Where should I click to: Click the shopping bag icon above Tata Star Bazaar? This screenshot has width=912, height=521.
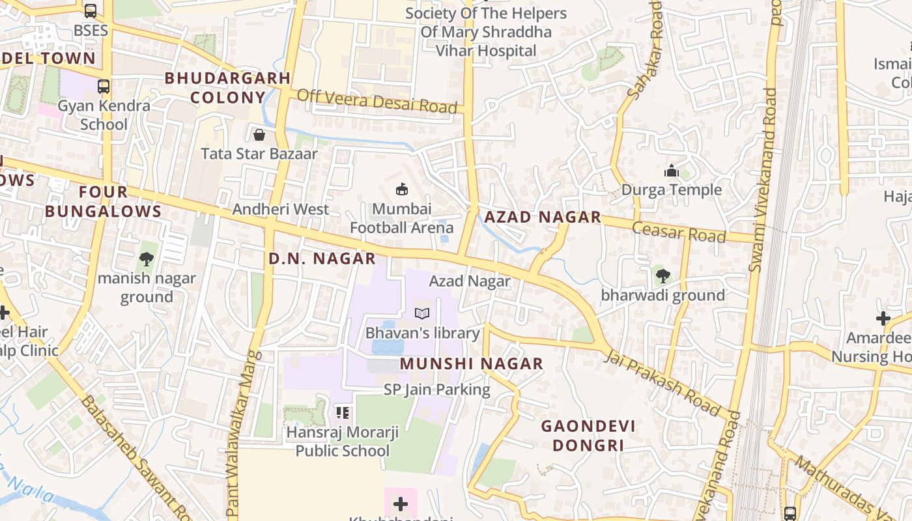pyautogui.click(x=259, y=135)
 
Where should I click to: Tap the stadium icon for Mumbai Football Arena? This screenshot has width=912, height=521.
pyautogui.click(x=402, y=190)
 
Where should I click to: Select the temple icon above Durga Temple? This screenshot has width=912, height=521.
pyautogui.click(x=671, y=171)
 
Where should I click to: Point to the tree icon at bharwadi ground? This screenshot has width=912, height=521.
pyautogui.click(x=663, y=276)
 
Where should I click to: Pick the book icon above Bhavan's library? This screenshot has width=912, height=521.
pyautogui.click(x=422, y=314)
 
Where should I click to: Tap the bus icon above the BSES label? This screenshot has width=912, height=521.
pyautogui.click(x=91, y=11)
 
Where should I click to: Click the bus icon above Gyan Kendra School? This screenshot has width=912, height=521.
pyautogui.click(x=103, y=86)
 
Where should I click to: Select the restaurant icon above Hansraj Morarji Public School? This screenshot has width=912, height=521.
pyautogui.click(x=343, y=412)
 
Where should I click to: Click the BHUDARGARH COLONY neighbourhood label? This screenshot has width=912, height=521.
pyautogui.click(x=227, y=88)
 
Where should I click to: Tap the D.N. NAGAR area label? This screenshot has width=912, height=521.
pyautogui.click(x=322, y=259)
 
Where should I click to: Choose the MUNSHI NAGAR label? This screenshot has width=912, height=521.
pyautogui.click(x=471, y=363)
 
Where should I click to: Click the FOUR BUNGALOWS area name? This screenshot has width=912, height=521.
pyautogui.click(x=103, y=201)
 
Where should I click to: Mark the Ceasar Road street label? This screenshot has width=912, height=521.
pyautogui.click(x=678, y=232)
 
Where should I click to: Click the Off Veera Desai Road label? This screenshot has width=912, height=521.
pyautogui.click(x=377, y=102)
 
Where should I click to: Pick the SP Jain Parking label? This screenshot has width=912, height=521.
pyautogui.click(x=436, y=389)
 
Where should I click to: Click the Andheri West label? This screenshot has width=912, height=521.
pyautogui.click(x=281, y=209)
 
